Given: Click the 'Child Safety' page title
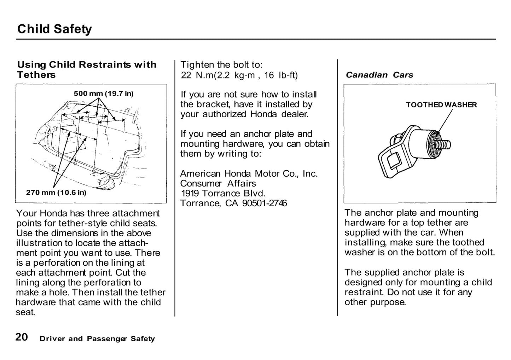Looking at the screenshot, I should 54,29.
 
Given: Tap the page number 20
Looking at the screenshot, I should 22,337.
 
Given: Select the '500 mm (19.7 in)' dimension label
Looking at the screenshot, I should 103,94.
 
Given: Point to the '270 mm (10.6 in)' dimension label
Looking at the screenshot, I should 56,193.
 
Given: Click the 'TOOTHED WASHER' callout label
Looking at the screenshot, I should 441,105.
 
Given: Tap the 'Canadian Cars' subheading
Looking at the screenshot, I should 379,75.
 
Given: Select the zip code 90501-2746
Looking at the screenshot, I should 265,203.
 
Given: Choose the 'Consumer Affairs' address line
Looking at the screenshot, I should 218,184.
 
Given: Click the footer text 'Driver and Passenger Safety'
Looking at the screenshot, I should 97,339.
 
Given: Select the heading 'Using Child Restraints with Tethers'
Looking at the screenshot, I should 87,70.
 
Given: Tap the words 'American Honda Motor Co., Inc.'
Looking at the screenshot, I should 249,174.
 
